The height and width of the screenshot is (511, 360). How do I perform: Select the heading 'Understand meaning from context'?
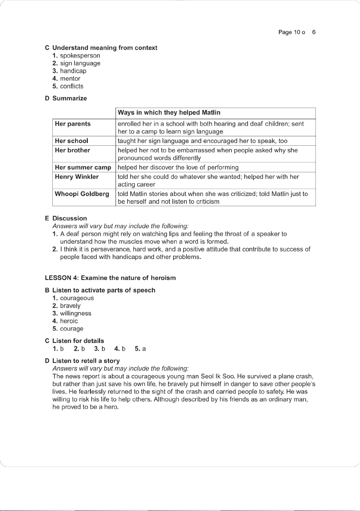pyautogui.click(x=105, y=48)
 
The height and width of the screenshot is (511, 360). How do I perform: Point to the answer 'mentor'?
pyautogui.click(x=70, y=78)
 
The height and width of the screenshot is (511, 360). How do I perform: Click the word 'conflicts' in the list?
pyautogui.click(x=72, y=86)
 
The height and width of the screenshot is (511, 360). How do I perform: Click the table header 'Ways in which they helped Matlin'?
pyautogui.click(x=169, y=113)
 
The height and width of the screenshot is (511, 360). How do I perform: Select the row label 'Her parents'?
pyautogui.click(x=73, y=124)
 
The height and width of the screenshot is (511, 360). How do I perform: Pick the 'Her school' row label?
pyautogui.click(x=72, y=141)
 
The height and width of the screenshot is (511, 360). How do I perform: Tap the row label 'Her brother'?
pyautogui.click(x=72, y=150)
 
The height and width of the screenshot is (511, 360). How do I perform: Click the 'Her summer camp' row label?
pyautogui.click(x=83, y=167)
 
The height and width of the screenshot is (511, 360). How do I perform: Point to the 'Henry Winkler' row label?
pyautogui.click(x=77, y=177)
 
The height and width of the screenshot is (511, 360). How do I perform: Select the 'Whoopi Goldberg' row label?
pyautogui.click(x=82, y=194)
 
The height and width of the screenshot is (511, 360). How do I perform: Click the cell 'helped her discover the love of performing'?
pyautogui.click(x=178, y=167)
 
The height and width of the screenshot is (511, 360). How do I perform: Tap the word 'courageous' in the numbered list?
pyautogui.click(x=77, y=298)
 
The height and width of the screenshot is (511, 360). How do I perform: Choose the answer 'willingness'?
pyautogui.click(x=75, y=313)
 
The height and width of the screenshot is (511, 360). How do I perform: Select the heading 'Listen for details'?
pyautogui.click(x=78, y=341)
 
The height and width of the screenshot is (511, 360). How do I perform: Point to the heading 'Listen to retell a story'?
pyautogui.click(x=86, y=361)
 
